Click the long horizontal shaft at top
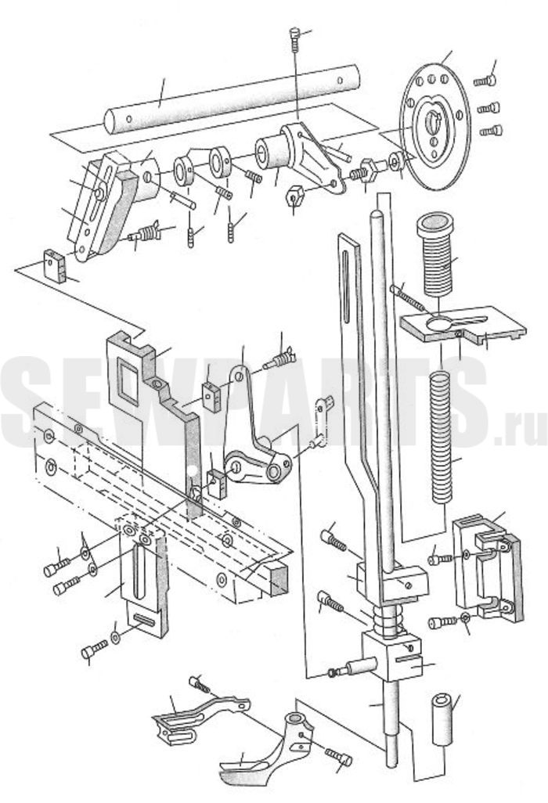click(232, 99)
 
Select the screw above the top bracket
click(294, 39)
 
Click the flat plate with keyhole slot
click(463, 326)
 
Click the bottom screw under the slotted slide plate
click(94, 650)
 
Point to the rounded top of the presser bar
click(377, 214)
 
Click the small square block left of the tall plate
click(55, 265)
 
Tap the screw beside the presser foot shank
click(339, 754)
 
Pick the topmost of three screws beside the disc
click(485, 81)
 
